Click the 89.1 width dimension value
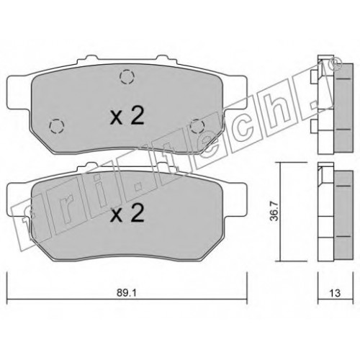127,293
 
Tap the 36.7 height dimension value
275,211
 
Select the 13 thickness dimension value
335,293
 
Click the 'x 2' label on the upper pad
127,115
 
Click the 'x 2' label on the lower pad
127,212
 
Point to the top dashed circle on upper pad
127,76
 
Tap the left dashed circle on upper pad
57,126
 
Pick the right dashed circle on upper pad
197,126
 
